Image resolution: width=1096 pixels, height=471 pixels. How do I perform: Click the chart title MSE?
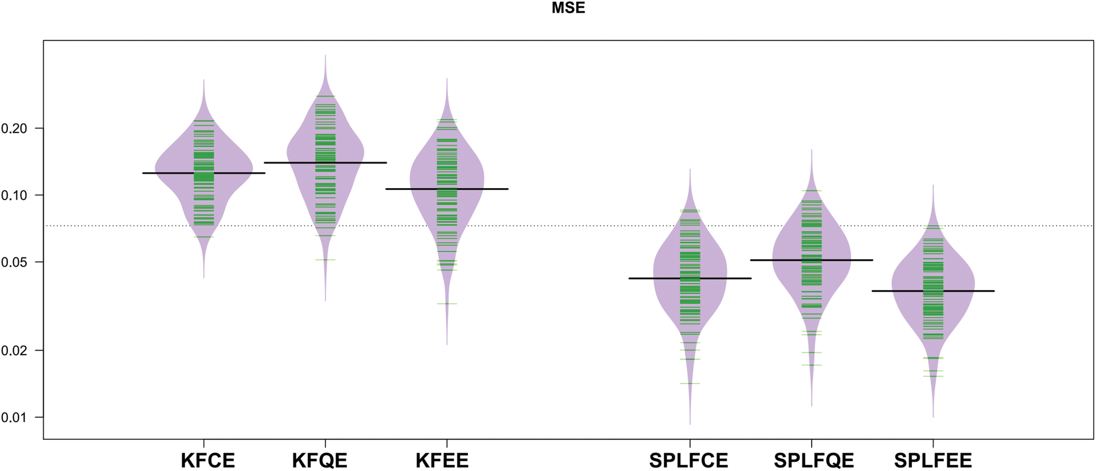click(x=568, y=8)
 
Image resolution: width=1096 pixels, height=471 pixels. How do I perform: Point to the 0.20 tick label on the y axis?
click(x=14, y=128)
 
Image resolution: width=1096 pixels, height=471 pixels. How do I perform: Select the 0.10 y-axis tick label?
click(x=14, y=195)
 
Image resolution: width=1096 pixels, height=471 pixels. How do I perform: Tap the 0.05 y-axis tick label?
click(x=14, y=262)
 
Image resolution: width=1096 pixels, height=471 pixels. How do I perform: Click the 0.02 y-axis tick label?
click(x=14, y=351)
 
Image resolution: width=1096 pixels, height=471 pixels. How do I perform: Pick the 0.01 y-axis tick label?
click(x=14, y=418)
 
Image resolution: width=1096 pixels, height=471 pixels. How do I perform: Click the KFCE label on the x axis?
click(x=208, y=460)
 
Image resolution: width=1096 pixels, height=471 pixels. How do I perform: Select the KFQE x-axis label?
click(x=320, y=460)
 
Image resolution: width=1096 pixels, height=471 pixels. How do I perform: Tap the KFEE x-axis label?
click(x=442, y=460)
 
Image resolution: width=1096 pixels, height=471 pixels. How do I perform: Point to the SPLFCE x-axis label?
click(x=689, y=460)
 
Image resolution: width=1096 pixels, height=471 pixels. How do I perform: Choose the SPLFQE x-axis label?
click(x=814, y=460)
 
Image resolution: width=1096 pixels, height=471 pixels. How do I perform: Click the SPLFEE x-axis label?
click(x=933, y=460)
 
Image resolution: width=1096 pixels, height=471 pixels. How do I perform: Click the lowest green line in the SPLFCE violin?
click(x=690, y=384)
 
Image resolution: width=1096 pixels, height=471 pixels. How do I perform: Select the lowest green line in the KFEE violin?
click(x=447, y=304)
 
